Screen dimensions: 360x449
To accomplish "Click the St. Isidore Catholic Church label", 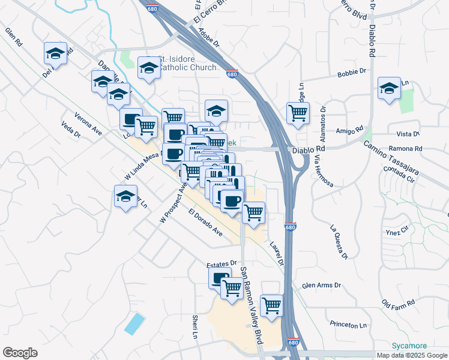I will pos(187,64).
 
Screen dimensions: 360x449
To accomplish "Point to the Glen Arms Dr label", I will pos(322,286).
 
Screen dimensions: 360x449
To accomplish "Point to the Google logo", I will pos(20,353).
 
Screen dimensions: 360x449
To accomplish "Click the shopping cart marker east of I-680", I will pos(298,113).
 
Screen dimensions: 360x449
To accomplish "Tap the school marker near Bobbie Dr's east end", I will pos(389,89).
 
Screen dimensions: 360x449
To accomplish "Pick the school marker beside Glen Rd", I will pos(56,53).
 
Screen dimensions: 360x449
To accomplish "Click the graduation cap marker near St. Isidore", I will pos(148,68).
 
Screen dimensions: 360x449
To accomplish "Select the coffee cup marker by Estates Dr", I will pos(219,278).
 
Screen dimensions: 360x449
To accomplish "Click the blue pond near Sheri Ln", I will pos(134,324).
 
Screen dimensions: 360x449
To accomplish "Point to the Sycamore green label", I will pos(409,346).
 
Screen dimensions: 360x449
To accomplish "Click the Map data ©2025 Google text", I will pos(411,355).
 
